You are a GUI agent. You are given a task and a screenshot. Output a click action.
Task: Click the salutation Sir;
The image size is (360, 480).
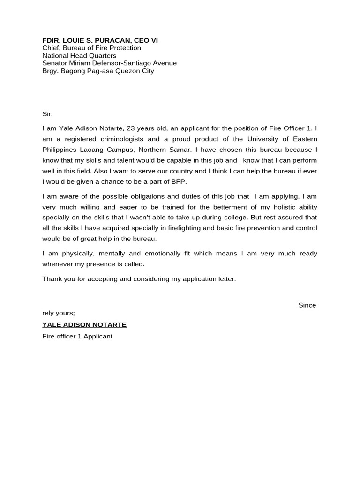(x=48, y=114)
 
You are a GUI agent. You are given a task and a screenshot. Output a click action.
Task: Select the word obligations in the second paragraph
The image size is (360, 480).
(x=140, y=196)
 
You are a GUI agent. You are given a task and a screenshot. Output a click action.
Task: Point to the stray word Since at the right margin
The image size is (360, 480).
(x=307, y=305)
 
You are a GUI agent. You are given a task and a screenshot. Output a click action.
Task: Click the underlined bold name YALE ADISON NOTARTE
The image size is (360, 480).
(x=84, y=325)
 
